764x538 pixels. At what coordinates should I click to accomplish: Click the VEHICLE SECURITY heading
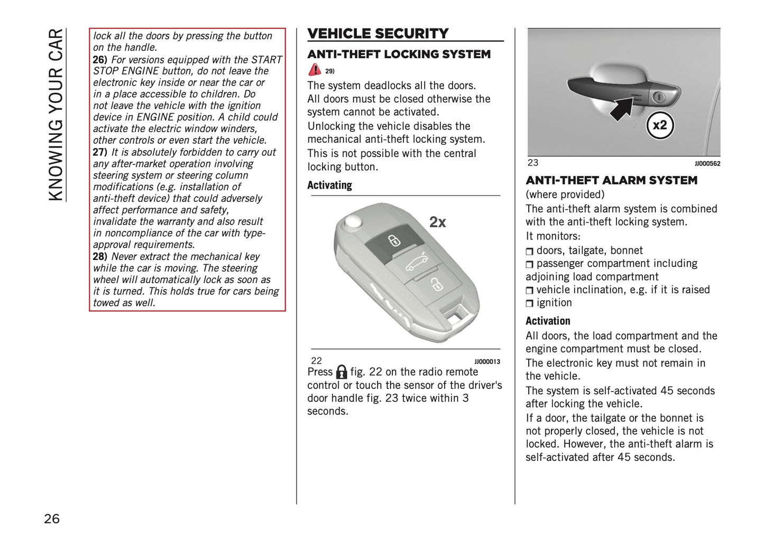(378, 33)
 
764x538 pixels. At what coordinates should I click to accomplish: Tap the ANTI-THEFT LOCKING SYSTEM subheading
(399, 54)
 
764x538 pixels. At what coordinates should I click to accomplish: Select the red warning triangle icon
(315, 69)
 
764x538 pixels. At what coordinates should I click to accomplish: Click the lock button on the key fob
(393, 241)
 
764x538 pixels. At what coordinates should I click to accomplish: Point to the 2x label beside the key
(437, 222)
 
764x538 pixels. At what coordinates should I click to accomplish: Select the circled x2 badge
(660, 125)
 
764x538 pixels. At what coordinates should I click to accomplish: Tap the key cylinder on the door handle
(659, 97)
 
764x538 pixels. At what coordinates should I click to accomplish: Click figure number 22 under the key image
(316, 361)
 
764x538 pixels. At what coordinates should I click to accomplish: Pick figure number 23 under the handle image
(533, 163)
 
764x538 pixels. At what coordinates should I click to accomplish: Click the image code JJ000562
(707, 164)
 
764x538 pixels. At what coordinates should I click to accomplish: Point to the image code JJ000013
(487, 361)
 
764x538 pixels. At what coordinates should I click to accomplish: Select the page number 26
(52, 518)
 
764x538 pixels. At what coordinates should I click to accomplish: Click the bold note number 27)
(100, 152)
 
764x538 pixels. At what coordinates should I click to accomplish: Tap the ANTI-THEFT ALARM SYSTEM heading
(611, 180)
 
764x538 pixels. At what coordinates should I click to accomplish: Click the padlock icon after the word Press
(342, 372)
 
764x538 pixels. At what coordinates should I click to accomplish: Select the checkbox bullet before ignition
(530, 303)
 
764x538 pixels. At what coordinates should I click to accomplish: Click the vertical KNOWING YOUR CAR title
(56, 115)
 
